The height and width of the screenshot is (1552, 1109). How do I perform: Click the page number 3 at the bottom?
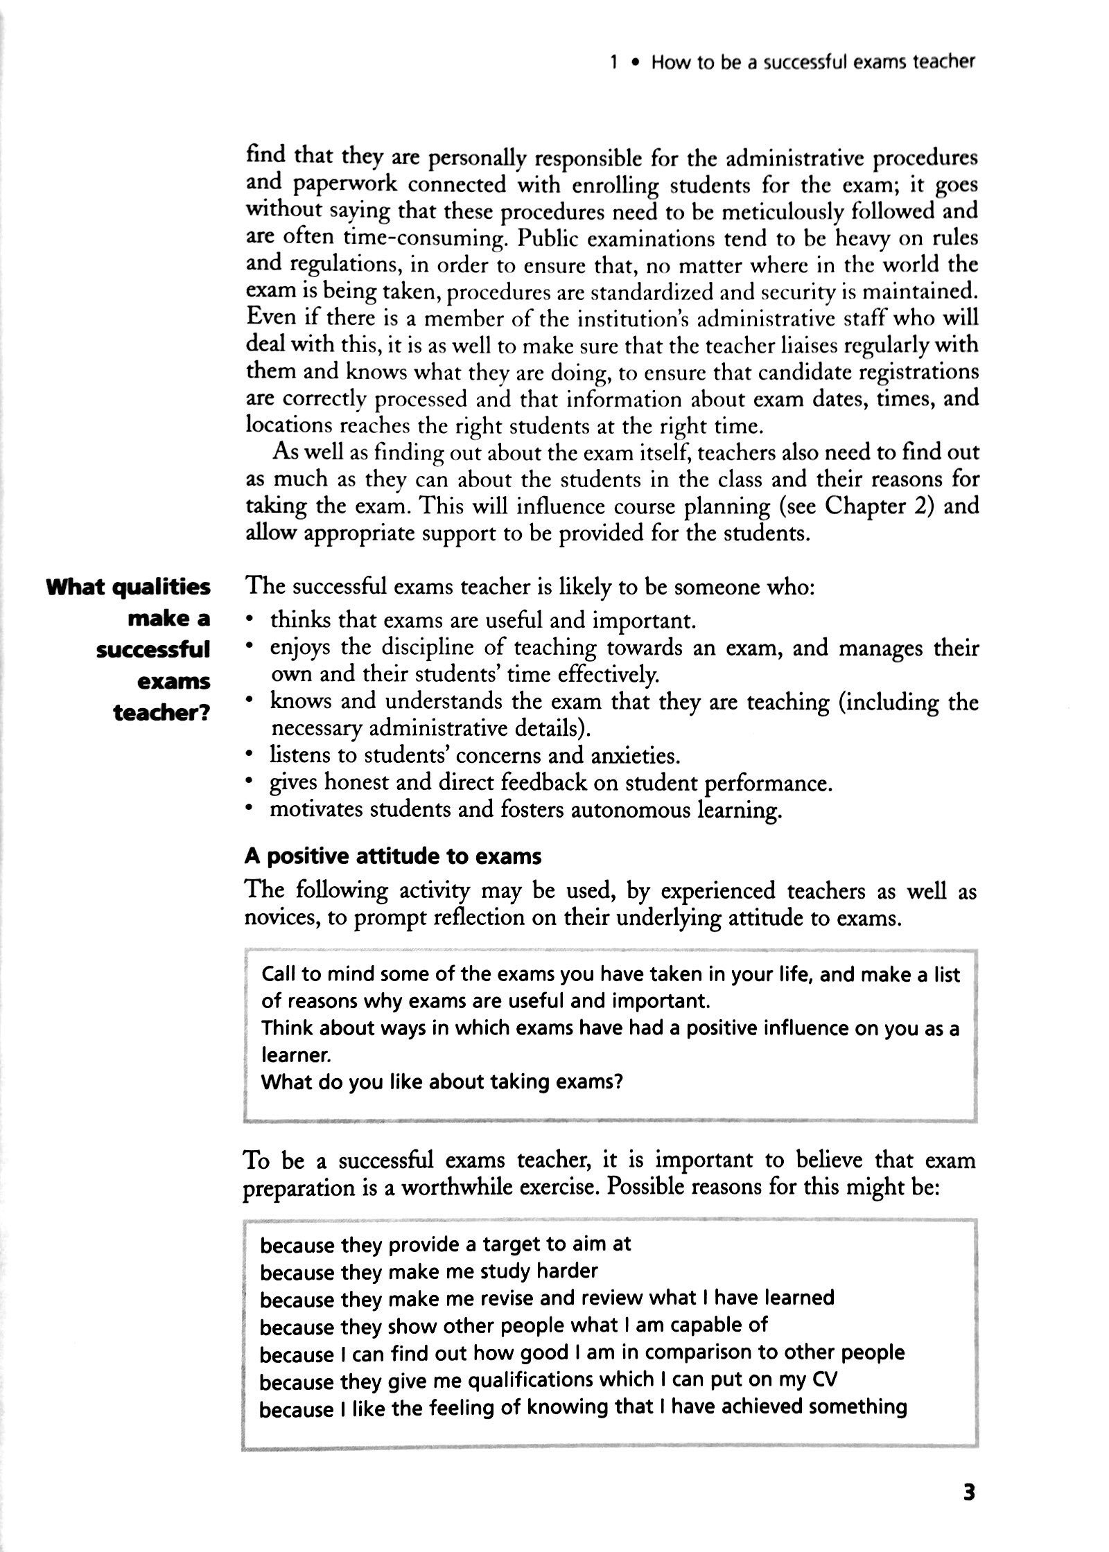pos(968,1489)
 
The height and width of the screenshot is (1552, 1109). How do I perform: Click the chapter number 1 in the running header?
pos(613,63)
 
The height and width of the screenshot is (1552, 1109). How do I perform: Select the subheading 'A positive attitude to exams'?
pos(393,856)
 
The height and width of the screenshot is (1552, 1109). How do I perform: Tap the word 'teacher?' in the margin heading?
pos(161,713)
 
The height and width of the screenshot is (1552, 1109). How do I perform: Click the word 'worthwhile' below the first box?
pos(476,1188)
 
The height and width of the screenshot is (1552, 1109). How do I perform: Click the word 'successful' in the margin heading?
pos(153,650)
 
